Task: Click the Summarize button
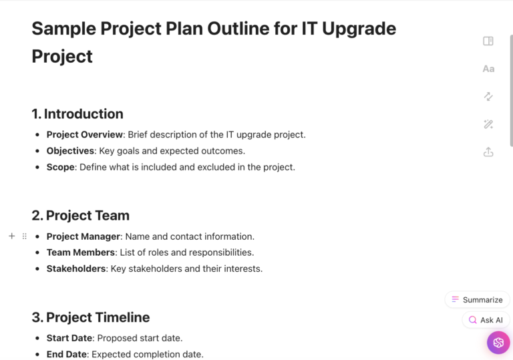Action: pos(477,300)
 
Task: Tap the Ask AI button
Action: pos(486,320)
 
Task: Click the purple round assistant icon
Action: pos(498,343)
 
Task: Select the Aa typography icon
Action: pos(488,69)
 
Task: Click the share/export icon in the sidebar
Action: pos(488,152)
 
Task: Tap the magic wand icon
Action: pos(488,124)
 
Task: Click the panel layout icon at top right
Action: pos(488,41)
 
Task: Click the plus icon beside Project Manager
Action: pos(11,236)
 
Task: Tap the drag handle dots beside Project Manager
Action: pos(25,236)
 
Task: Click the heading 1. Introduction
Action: pos(77,114)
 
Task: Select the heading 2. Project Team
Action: pos(80,215)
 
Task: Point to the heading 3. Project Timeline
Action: pos(90,317)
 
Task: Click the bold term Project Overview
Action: pos(84,134)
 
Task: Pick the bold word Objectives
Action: pos(69,151)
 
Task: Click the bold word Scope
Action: pos(60,167)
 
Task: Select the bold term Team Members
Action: pos(80,252)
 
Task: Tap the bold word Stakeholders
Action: pos(75,268)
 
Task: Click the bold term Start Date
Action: pos(69,338)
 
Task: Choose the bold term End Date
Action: pos(67,354)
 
